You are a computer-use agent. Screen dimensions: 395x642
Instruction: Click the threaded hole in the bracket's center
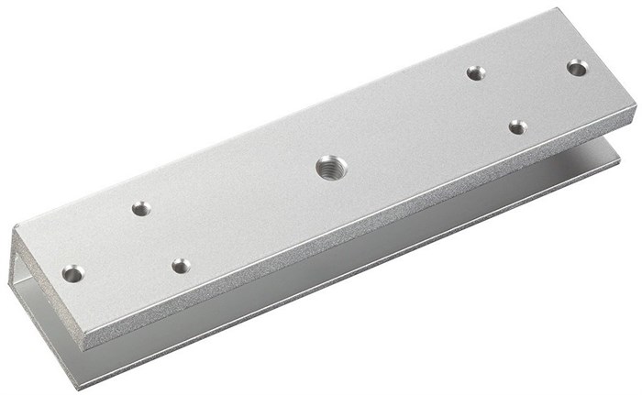tap(330, 167)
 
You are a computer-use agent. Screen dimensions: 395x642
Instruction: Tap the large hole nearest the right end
tap(577, 67)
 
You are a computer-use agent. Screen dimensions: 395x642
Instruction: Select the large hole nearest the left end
tap(72, 273)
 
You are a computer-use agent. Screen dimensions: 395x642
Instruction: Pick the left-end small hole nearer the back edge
tap(140, 208)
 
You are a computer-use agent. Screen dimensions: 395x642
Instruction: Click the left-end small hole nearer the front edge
tap(181, 266)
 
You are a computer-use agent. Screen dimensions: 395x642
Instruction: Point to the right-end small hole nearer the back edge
tap(475, 72)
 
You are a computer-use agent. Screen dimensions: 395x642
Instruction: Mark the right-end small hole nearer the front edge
tap(518, 126)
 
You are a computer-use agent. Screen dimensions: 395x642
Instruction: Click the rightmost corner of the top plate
tap(636, 107)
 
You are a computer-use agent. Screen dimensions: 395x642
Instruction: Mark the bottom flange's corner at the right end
tap(620, 152)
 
